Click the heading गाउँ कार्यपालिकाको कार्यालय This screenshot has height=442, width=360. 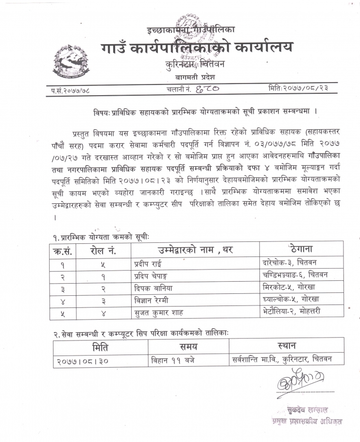coord(197,48)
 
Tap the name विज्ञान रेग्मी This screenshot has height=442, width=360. coord(151,300)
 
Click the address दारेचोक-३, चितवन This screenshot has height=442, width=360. coord(289,263)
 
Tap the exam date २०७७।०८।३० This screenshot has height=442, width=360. coord(83,361)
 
